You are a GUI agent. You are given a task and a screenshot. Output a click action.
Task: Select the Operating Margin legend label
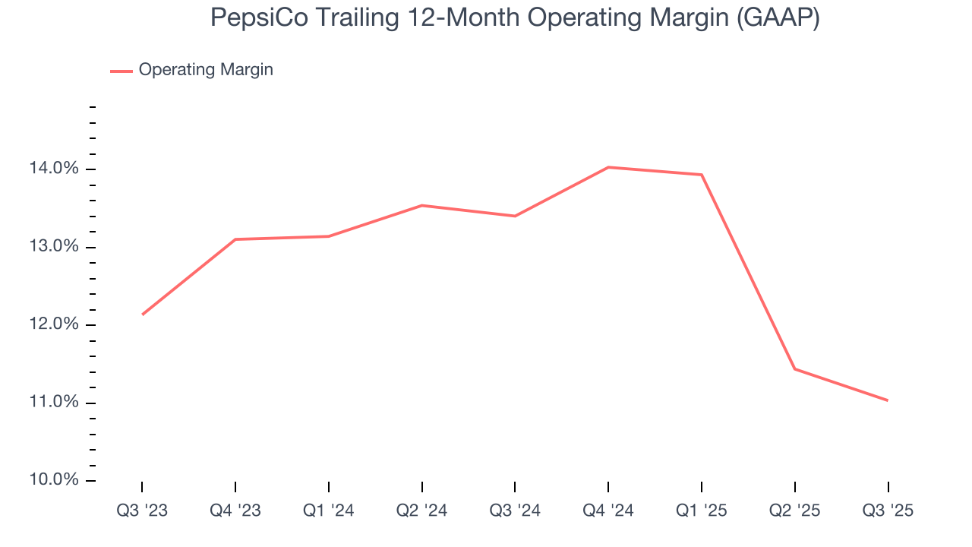[x=206, y=70]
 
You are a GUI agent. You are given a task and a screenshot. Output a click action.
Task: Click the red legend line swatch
[x=121, y=71]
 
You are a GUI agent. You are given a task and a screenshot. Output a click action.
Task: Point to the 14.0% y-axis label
[x=53, y=169]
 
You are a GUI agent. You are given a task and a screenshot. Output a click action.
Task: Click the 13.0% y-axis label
[x=53, y=247]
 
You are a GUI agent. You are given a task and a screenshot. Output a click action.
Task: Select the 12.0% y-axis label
[x=53, y=324]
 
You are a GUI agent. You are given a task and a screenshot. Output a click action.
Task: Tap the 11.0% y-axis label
[x=53, y=403]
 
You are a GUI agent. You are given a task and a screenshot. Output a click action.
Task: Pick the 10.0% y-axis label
[x=53, y=480]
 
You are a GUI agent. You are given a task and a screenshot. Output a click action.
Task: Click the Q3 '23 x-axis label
[x=142, y=511]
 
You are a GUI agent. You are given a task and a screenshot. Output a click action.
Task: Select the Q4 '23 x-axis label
[x=235, y=511]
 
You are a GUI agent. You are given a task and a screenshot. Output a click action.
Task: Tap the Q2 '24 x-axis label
[x=421, y=511]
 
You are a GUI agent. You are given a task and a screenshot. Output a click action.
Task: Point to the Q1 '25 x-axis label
[x=701, y=511]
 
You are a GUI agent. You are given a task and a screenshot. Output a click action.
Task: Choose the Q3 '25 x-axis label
[x=888, y=511]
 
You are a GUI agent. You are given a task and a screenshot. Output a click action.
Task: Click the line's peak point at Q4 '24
[x=608, y=167]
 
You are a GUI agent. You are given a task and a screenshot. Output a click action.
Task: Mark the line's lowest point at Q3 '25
[x=888, y=400]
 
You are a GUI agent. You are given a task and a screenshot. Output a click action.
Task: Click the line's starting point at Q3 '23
[x=142, y=315]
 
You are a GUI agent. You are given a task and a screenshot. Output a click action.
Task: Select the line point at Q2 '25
[x=794, y=368]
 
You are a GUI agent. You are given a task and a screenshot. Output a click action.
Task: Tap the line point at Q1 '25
[x=701, y=175]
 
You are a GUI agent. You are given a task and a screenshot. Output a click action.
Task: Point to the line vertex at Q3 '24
[x=515, y=216]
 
